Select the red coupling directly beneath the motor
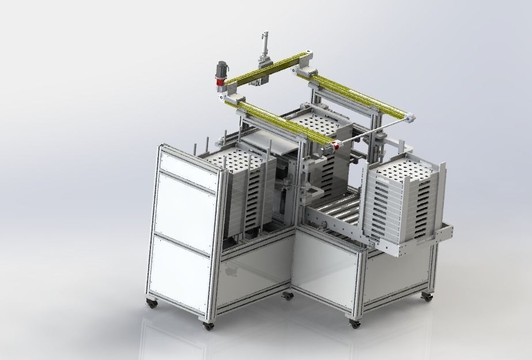(x=220, y=83)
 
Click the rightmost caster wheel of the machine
(x=427, y=297)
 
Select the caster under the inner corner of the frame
(x=287, y=297)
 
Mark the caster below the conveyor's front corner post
(x=353, y=324)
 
